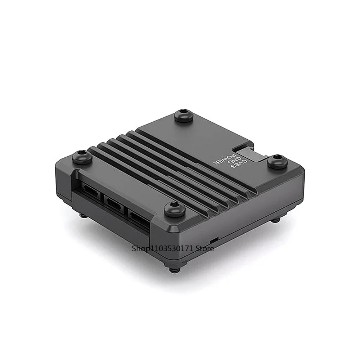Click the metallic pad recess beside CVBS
click(x=252, y=154)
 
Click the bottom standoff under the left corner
click(x=82, y=215)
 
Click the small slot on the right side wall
click(x=213, y=239)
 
